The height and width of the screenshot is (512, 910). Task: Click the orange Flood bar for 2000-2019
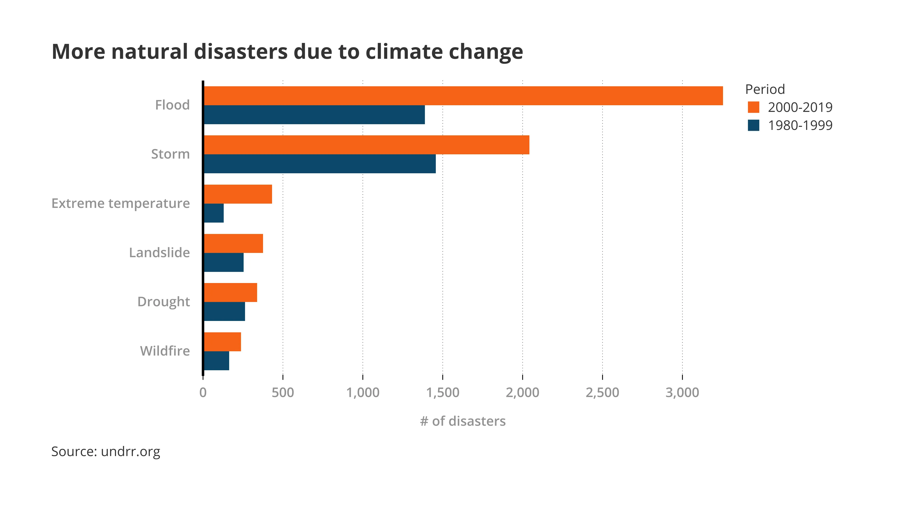tap(463, 96)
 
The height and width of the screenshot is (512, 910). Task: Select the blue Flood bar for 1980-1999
tap(314, 115)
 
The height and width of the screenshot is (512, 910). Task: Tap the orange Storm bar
tap(366, 145)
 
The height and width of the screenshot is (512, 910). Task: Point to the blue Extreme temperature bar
tap(214, 213)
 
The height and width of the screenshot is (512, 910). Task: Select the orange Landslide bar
tap(233, 243)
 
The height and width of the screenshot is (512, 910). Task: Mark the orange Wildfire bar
tap(223, 342)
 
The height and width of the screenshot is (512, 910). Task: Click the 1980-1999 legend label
tap(800, 125)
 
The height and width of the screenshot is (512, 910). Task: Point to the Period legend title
tap(765, 89)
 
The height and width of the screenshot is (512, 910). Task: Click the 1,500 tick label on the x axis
tap(443, 393)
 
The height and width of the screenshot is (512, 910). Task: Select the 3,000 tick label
tap(682, 393)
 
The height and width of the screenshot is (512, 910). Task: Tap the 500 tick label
tap(283, 393)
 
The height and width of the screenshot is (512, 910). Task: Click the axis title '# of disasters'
tap(463, 421)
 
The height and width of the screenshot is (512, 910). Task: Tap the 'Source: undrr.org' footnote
tap(106, 452)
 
